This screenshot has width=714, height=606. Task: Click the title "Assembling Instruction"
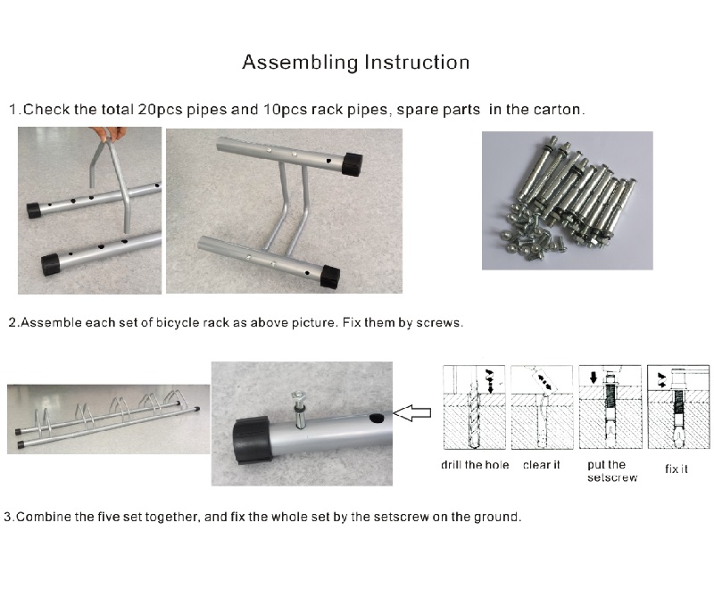(x=355, y=62)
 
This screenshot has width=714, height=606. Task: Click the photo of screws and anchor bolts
(x=568, y=201)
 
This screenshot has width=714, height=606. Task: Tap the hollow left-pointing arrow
(x=411, y=412)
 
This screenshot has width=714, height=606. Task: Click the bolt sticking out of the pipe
(x=301, y=409)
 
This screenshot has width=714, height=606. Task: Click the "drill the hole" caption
(x=475, y=465)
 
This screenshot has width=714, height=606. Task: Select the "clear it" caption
(x=542, y=465)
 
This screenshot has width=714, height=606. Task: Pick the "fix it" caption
(x=677, y=469)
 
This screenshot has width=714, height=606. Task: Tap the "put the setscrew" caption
(x=612, y=471)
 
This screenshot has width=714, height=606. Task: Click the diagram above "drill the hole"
(x=474, y=407)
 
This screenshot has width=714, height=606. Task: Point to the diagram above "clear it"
(x=542, y=407)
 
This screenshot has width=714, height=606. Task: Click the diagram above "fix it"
(x=678, y=407)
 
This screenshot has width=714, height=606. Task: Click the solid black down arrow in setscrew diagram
(x=593, y=378)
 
